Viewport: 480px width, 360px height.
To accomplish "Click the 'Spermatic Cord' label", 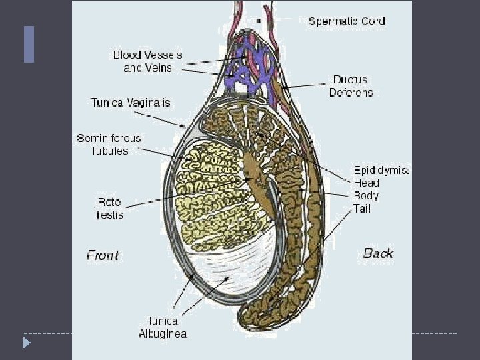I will point(347,21).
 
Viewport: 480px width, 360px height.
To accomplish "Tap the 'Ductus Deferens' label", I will point(351,86).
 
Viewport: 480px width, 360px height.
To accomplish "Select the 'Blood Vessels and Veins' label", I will point(147,61).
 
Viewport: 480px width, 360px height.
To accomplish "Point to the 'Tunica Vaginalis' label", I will point(131,103).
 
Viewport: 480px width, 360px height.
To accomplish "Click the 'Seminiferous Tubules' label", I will point(109,144).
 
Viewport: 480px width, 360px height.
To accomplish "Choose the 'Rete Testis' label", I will point(109,208).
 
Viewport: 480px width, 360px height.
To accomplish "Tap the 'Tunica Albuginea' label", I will point(162,327).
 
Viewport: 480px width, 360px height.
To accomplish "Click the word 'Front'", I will point(103,255).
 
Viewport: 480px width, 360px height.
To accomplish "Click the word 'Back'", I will point(378,253).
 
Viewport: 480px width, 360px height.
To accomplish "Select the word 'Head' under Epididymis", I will point(367,183).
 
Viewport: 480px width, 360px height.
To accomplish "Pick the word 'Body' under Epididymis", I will point(366,196).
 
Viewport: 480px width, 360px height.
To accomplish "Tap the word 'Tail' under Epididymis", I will point(362,209).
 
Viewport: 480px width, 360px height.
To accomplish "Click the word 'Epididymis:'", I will point(381,170).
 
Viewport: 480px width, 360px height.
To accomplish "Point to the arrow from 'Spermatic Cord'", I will point(280,21).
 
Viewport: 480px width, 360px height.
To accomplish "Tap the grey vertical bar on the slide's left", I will point(29,44).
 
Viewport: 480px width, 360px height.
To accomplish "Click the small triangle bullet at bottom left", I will point(27,343).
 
